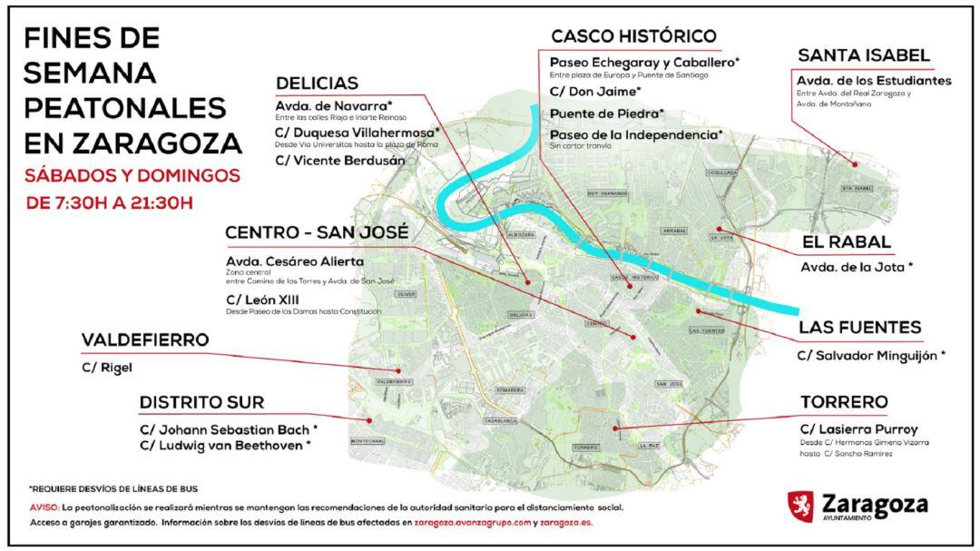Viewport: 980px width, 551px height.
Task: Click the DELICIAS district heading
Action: (x=317, y=84)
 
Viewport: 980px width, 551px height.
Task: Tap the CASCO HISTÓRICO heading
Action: (x=633, y=36)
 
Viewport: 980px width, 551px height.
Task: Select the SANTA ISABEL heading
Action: (x=863, y=55)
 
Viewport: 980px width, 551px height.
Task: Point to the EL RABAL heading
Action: (x=846, y=242)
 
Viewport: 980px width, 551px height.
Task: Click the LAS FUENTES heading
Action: (x=859, y=327)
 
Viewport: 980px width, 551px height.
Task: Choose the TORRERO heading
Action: (x=844, y=401)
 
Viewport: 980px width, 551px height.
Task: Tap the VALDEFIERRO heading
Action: (x=145, y=340)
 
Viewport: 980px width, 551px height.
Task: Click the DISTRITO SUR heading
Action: (x=201, y=402)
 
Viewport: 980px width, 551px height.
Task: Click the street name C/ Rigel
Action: (x=105, y=368)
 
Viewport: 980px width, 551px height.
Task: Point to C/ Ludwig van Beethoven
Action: (x=225, y=446)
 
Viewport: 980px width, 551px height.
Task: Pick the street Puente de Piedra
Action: (x=607, y=113)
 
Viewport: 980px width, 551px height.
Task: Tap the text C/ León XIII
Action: (x=263, y=299)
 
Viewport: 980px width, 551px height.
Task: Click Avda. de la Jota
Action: (x=856, y=267)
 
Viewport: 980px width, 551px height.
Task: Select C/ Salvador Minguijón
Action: (x=871, y=356)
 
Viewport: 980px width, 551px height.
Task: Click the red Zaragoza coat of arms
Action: (x=800, y=506)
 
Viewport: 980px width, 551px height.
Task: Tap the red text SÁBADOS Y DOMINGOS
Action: (x=132, y=174)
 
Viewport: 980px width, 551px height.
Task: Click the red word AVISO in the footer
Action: (x=44, y=508)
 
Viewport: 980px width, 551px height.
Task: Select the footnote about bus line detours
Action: (x=113, y=488)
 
